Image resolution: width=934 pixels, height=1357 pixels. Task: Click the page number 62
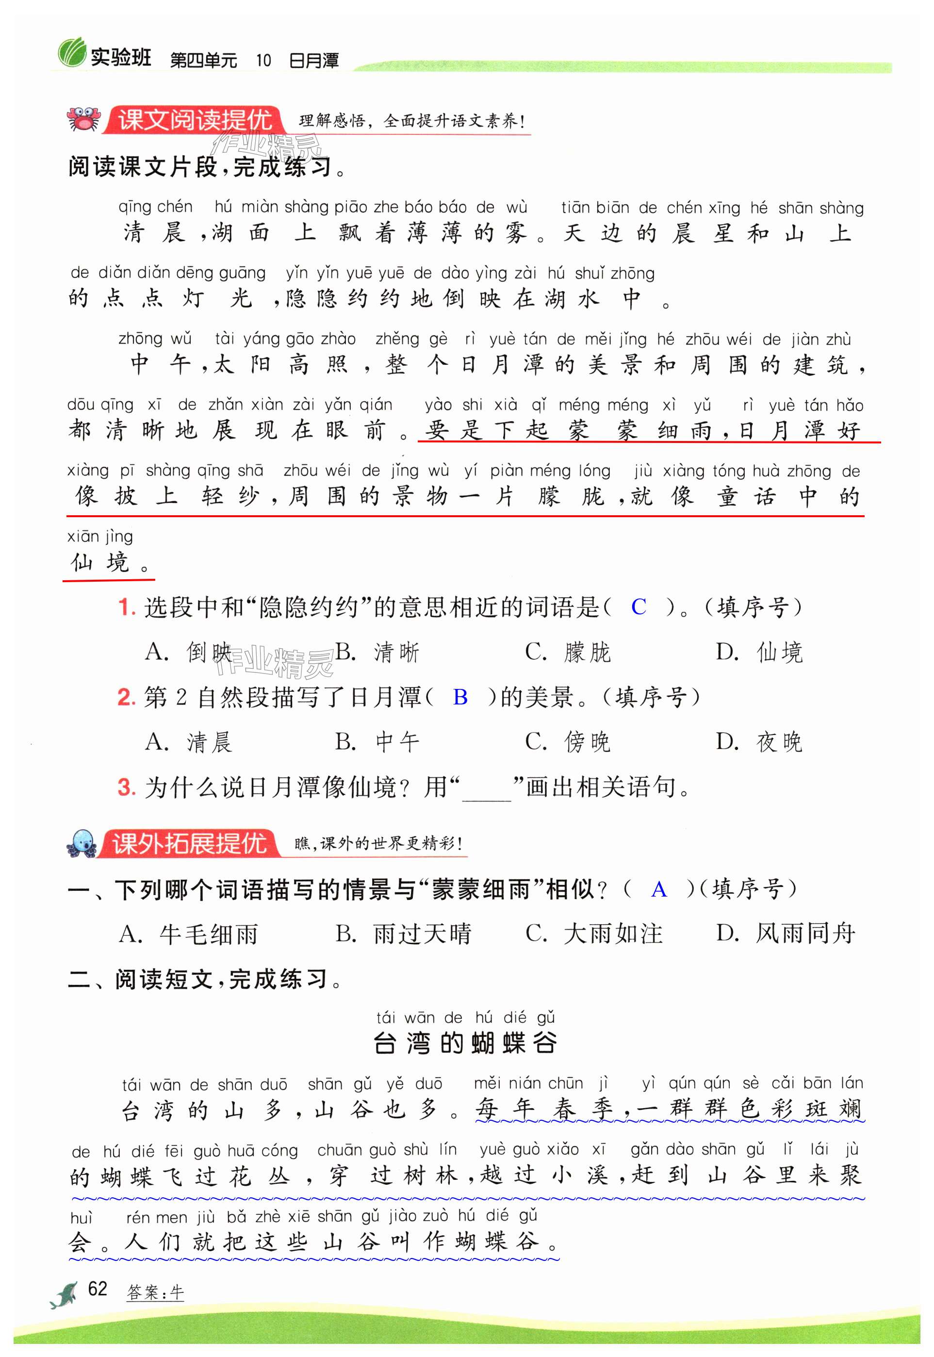click(97, 1288)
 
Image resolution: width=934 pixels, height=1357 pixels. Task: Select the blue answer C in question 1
click(638, 607)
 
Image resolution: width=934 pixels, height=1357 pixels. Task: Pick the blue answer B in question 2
click(460, 696)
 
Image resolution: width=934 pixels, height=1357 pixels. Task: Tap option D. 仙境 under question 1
click(758, 652)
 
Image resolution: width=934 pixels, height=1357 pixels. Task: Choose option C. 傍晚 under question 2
click(567, 742)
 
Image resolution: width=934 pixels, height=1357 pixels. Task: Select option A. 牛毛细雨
click(188, 934)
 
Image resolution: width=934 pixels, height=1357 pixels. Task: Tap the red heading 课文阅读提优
click(195, 120)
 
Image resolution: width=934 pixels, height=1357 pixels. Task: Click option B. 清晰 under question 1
click(377, 652)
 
